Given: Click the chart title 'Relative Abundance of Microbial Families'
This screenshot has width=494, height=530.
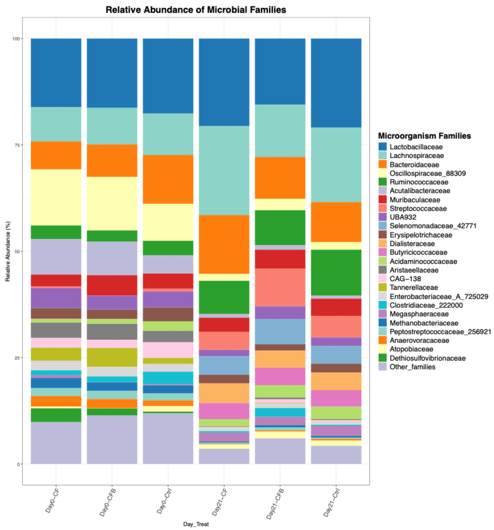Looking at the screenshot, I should [196, 10].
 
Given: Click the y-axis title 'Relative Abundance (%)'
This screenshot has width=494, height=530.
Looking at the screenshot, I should [8, 251].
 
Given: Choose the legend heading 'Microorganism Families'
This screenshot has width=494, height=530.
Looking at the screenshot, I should [424, 136].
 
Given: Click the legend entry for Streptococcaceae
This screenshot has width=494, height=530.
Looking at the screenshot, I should [418, 209].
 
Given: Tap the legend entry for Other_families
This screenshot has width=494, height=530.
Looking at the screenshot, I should [412, 367].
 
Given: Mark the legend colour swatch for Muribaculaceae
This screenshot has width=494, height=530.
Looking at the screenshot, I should [382, 200].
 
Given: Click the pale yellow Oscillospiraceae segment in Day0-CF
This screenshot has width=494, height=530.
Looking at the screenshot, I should [56, 197].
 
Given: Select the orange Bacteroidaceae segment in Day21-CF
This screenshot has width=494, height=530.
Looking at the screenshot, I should [224, 244].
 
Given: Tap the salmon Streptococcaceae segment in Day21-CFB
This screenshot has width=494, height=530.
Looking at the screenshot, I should [280, 287].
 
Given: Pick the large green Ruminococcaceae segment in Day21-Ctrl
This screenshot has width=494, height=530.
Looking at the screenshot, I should [336, 272].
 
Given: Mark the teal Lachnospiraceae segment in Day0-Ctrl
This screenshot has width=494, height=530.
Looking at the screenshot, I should [168, 134].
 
